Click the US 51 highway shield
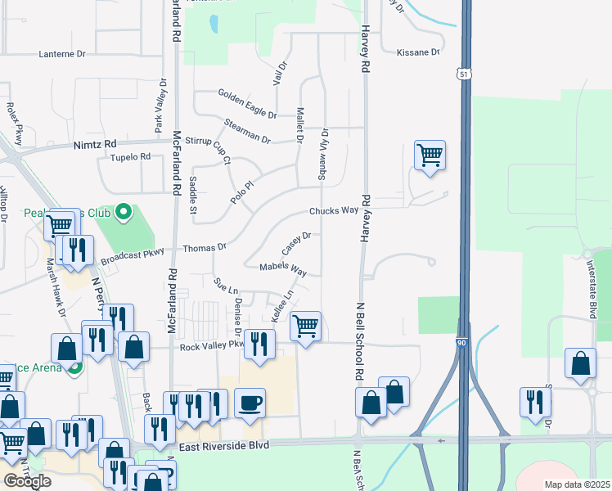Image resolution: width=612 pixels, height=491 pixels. tap(464, 74)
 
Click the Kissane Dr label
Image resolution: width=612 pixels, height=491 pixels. tap(418, 52)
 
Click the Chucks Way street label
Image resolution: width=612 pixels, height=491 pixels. tap(334, 210)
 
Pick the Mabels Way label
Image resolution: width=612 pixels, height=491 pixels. tap(283, 268)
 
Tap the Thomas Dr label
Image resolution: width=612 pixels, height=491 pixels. tap(205, 247)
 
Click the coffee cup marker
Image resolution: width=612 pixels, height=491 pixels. tap(250, 402)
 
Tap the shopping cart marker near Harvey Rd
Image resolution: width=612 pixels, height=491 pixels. tap(430, 154)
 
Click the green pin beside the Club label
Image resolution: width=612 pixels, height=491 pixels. tap(124, 214)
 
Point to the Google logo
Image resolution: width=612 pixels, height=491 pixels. tap(27, 481)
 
